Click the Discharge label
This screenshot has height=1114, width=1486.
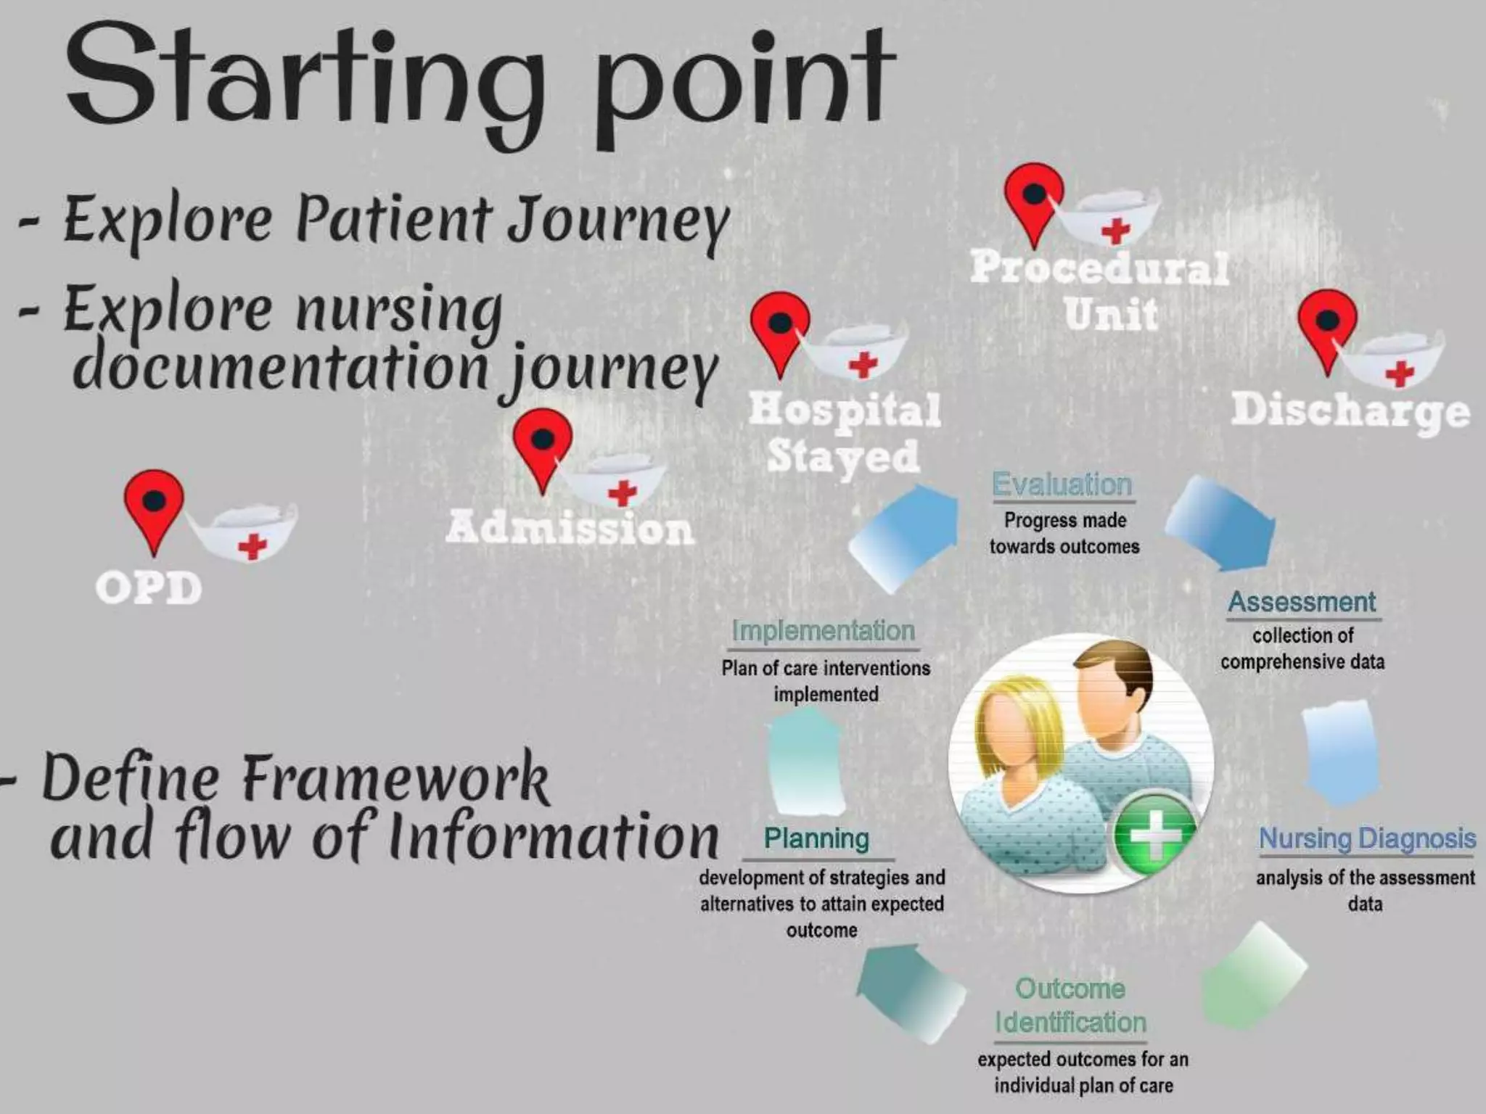coord(1350,410)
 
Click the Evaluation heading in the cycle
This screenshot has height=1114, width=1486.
coord(1062,484)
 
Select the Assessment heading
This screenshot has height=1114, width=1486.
coord(1302,602)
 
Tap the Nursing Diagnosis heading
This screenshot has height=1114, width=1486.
coord(1367,838)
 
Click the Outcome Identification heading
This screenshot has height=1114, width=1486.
coord(1070,1005)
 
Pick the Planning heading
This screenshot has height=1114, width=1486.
coord(816,838)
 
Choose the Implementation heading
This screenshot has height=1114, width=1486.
coord(823,631)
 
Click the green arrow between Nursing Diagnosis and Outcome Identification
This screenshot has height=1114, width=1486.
coord(1252,975)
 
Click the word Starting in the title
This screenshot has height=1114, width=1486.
coord(305,80)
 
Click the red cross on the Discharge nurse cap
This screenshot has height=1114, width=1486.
coord(1400,374)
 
